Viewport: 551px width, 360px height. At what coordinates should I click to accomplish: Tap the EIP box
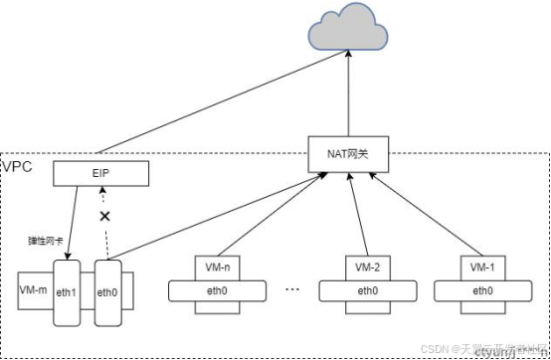[x=99, y=176]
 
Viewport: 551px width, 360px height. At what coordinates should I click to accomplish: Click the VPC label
[x=17, y=166]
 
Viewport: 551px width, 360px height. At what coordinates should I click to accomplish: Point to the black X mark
[x=103, y=215]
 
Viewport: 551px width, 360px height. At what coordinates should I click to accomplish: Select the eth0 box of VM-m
[x=108, y=293]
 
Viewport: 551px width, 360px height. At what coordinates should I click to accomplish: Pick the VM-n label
[x=217, y=269]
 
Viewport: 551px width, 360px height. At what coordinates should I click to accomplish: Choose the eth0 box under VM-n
[x=217, y=291]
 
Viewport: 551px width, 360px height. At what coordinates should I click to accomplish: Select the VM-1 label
[x=482, y=269]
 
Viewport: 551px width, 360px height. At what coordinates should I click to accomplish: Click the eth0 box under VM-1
[x=482, y=291]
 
